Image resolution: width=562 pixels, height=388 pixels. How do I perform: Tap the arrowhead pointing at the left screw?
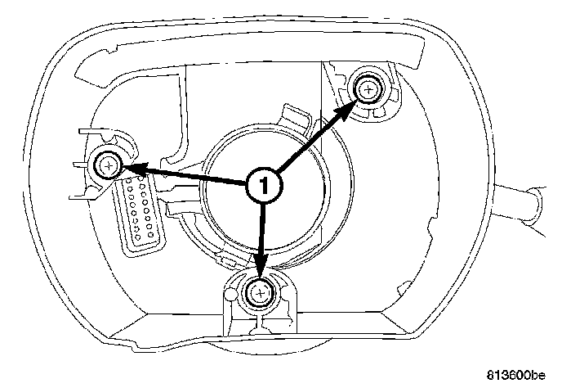[x=131, y=169]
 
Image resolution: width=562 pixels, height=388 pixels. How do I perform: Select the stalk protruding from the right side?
[x=523, y=203]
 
